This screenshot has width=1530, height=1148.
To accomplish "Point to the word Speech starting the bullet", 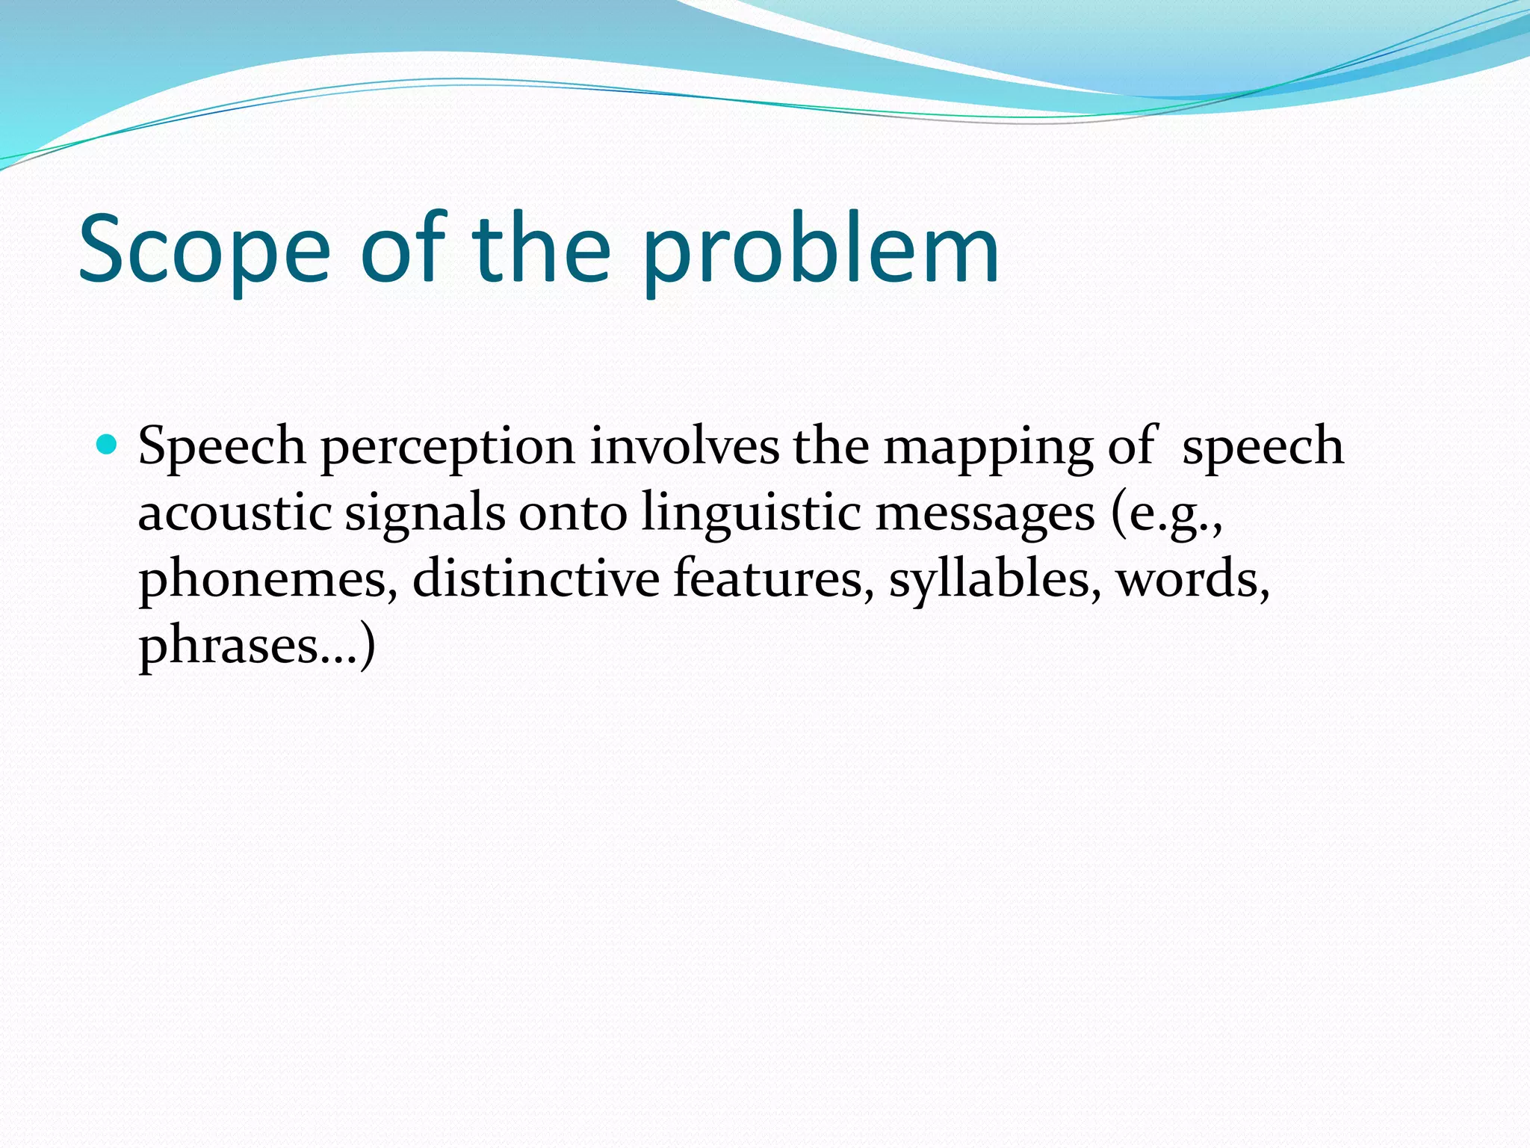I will (222, 447).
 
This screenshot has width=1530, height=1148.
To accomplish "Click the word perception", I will (447, 447).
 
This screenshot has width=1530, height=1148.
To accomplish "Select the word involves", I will (684, 445).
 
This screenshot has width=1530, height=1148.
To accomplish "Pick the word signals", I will (424, 514).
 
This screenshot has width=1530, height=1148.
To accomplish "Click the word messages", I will (985, 514).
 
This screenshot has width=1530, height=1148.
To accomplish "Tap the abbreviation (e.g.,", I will (1167, 514).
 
